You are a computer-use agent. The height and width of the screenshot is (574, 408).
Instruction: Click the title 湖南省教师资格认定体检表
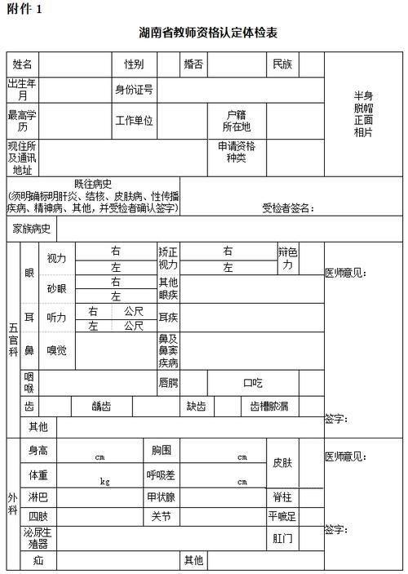pos(208,33)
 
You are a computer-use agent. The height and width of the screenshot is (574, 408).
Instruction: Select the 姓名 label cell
pos(22,64)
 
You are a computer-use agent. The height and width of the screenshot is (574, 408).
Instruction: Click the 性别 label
pos(134,64)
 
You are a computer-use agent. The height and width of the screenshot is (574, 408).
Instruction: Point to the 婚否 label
pos(193,64)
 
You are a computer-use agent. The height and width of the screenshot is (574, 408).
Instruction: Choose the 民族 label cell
pos(282,64)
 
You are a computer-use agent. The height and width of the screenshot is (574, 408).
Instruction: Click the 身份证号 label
pos(134,89)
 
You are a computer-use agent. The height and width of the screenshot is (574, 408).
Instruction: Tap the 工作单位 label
pos(134,121)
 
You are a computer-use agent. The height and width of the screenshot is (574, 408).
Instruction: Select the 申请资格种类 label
pos(236,152)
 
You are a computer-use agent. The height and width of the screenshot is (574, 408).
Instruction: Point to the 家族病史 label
pos(32,229)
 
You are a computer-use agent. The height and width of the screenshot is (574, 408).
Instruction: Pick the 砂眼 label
pos(56,288)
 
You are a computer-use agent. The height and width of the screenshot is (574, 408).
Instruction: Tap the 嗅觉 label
pos(56,350)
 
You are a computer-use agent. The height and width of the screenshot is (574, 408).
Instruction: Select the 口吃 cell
pos(253,382)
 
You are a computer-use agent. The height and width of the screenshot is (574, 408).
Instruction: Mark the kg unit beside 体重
pos(104,482)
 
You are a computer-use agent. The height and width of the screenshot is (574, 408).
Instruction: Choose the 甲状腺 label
pos(160,496)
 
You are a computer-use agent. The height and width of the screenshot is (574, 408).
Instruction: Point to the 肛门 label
pos(282,539)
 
